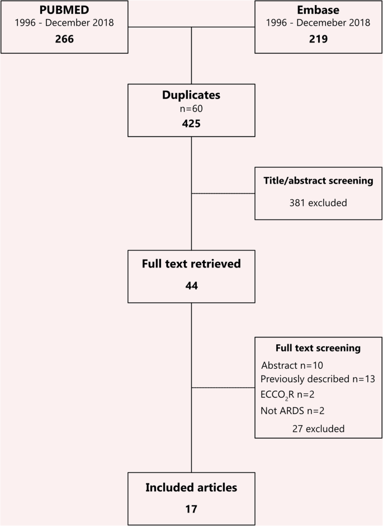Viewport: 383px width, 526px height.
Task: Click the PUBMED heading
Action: click(x=64, y=11)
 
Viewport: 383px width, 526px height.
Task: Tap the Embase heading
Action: click(x=318, y=11)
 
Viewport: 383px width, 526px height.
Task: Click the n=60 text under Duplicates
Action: click(x=191, y=109)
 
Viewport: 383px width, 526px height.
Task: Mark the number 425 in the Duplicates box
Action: click(x=191, y=124)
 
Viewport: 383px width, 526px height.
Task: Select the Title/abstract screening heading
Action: click(x=318, y=181)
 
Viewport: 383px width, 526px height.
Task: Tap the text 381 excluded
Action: click(x=318, y=203)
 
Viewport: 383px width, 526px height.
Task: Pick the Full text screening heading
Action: click(x=318, y=348)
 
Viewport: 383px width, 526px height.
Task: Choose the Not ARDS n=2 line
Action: click(x=292, y=411)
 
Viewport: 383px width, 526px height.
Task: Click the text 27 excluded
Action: click(x=318, y=428)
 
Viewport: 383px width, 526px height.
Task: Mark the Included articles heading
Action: click(x=191, y=487)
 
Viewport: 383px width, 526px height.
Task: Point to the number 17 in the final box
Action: click(x=191, y=510)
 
